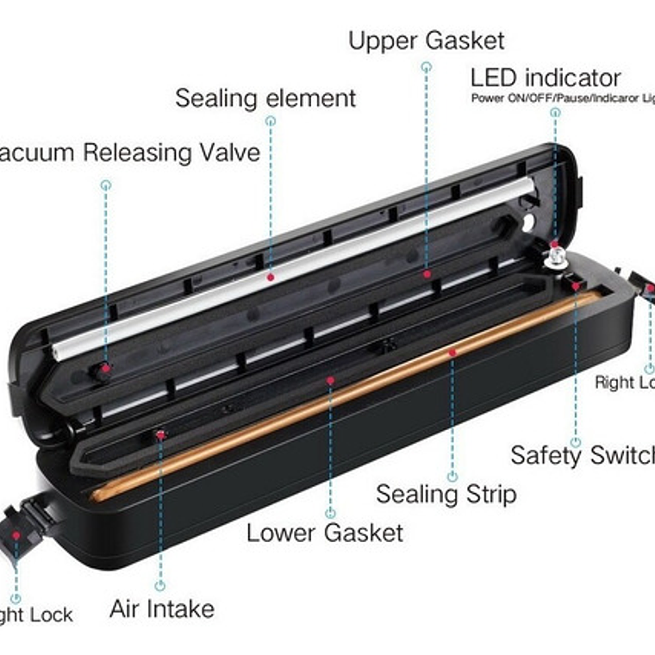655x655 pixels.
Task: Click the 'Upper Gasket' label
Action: [426, 41]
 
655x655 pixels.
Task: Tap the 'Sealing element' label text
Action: [265, 97]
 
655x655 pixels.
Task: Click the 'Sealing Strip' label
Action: [446, 494]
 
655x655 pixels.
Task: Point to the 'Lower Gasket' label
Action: [325, 532]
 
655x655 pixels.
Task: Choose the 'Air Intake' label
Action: [162, 609]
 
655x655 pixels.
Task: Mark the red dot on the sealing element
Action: [271, 278]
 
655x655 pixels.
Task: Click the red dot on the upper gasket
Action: [427, 274]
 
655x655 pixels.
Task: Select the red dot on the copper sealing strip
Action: [452, 352]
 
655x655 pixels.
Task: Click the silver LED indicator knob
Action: [554, 254]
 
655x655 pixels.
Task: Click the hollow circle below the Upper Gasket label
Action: [427, 66]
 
